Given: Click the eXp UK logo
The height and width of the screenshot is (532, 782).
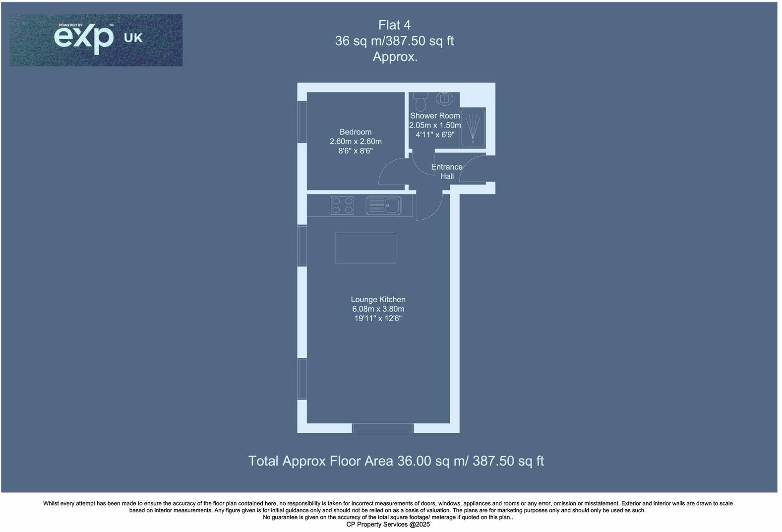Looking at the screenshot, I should (x=96, y=40).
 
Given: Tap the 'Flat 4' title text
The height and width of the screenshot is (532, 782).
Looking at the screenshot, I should (x=394, y=25).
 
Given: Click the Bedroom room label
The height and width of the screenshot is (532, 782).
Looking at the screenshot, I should (x=356, y=132).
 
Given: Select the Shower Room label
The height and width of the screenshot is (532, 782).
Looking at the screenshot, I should (x=435, y=116).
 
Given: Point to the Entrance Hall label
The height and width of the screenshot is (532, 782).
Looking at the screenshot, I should (x=447, y=172).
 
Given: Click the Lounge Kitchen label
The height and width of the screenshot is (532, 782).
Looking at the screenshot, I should (x=378, y=300).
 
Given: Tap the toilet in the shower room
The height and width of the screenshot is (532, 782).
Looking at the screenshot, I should (x=421, y=102).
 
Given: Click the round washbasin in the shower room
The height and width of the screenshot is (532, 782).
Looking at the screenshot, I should (x=444, y=99).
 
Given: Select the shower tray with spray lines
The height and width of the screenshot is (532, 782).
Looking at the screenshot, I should (x=473, y=128).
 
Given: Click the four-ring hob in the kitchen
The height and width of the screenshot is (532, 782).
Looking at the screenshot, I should (x=342, y=205).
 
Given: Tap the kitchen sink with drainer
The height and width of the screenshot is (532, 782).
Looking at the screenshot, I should (x=383, y=205).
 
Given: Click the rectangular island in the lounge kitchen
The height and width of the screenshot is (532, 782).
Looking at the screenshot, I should (x=365, y=248).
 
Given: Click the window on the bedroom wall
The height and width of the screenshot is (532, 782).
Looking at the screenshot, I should (x=302, y=122).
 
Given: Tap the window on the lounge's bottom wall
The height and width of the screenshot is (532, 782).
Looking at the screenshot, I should (x=382, y=428).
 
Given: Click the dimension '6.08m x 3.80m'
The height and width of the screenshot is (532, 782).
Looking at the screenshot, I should (x=378, y=309).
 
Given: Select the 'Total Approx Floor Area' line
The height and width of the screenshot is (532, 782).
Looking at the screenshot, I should (x=396, y=461).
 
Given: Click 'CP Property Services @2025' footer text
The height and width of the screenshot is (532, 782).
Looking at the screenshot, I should (x=388, y=525).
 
